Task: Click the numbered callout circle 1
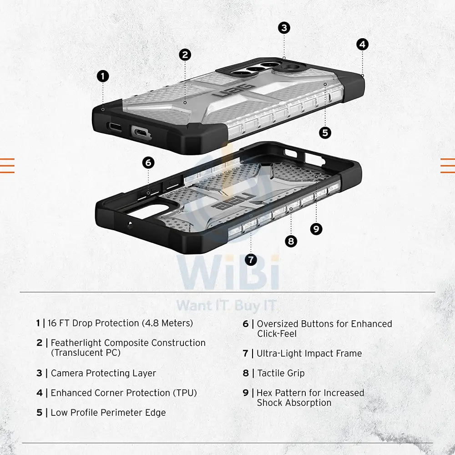(103, 76)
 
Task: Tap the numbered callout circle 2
(184, 55)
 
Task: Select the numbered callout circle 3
(284, 28)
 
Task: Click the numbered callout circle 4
(362, 44)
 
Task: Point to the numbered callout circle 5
(325, 132)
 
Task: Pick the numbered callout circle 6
(148, 162)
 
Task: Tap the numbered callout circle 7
(251, 259)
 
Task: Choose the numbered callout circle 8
(291, 241)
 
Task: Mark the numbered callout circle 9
(316, 229)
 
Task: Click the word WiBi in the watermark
(228, 275)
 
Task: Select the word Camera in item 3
(67, 373)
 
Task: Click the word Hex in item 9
(265, 393)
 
